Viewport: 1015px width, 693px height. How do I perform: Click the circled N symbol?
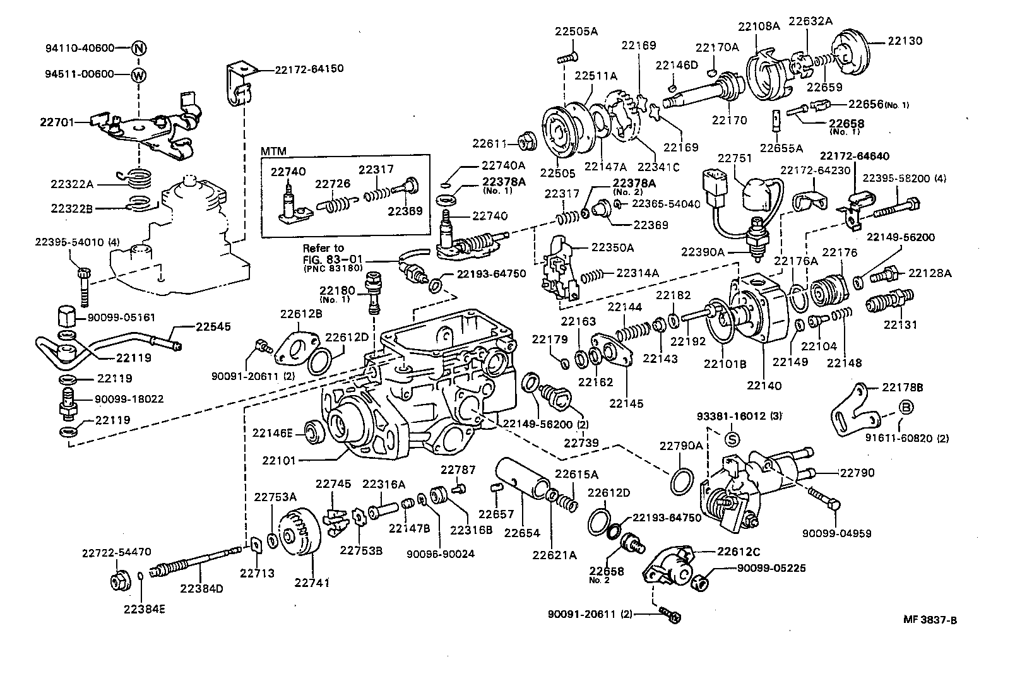pos(139,48)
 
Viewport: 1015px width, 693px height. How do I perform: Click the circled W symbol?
pos(139,74)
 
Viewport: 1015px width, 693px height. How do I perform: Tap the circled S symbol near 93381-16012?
pos(732,437)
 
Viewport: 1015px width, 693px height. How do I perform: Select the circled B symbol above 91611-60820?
pos(906,408)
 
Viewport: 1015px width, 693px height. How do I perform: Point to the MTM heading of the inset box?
pos(273,151)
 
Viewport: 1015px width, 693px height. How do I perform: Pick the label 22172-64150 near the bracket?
pos(309,68)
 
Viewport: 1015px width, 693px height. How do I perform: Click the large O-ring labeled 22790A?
pos(681,480)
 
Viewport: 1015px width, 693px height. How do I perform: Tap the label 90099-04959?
pos(836,533)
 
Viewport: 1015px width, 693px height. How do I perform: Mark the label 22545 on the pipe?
pos(213,327)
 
